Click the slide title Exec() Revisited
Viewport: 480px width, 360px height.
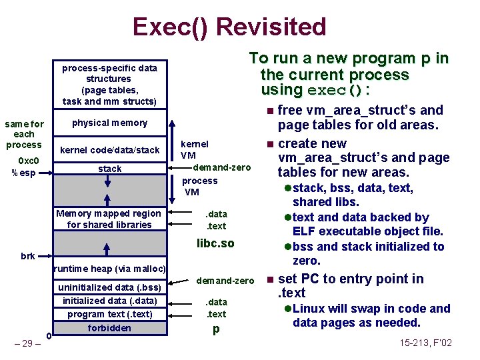229,27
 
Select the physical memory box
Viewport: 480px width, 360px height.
109,123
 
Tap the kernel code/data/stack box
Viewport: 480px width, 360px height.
109,150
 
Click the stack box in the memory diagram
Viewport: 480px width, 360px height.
109,169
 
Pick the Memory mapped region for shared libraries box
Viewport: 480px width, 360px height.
109,219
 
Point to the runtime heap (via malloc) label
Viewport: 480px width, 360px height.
109,269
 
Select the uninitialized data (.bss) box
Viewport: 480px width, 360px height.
109,287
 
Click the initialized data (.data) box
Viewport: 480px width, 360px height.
109,301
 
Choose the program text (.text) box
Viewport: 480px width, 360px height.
109,314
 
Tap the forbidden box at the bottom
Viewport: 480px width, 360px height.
109,328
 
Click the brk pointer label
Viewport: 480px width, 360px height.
28,256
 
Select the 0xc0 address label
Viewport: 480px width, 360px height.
29,161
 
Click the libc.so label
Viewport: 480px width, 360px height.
215,243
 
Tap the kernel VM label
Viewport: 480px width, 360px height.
194,149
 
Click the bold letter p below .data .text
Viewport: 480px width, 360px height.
216,329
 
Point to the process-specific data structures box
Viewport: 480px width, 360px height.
109,85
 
